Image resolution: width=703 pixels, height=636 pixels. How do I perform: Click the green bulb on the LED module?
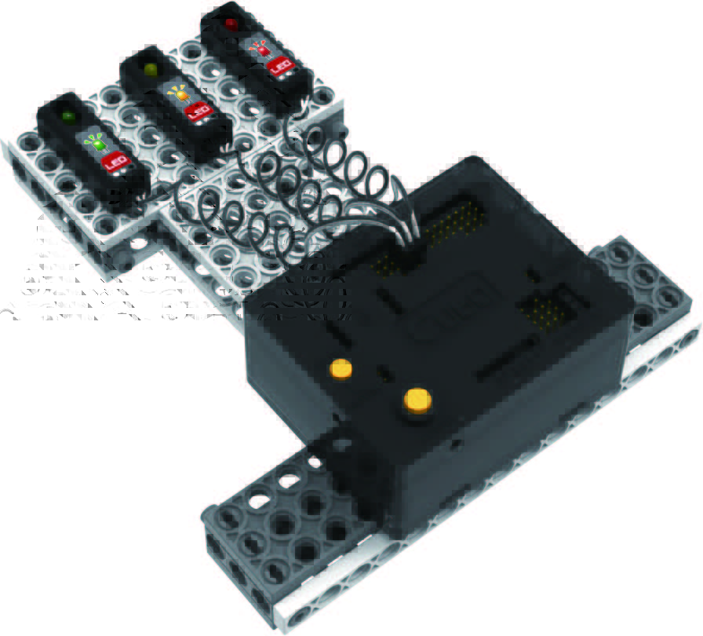[x=68, y=116]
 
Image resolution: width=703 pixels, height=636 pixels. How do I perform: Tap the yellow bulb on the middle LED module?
[x=151, y=70]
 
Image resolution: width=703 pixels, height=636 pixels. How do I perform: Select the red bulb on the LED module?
[x=231, y=23]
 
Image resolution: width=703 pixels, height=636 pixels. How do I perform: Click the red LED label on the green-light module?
[x=115, y=162]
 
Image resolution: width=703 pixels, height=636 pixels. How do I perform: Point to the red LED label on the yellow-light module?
[x=197, y=111]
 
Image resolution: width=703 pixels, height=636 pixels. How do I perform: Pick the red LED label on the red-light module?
[x=279, y=67]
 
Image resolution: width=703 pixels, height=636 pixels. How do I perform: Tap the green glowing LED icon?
[x=96, y=143]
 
